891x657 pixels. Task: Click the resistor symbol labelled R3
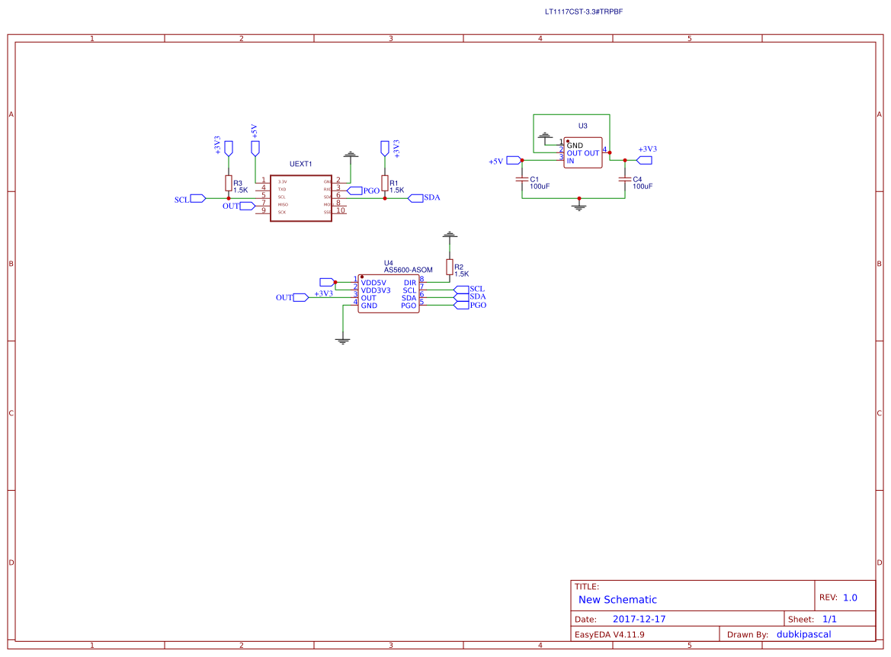(228, 183)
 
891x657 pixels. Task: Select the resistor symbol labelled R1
(384, 183)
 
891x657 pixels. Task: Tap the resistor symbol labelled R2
(450, 267)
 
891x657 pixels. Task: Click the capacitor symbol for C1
(522, 180)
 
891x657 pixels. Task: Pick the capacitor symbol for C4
(625, 180)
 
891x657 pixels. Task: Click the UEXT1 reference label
(300, 165)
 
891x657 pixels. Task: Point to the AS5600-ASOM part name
(408, 270)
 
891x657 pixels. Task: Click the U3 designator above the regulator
(582, 126)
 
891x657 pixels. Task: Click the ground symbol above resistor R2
(450, 235)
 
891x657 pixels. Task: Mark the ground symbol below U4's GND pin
(342, 341)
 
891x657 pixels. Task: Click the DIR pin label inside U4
(410, 283)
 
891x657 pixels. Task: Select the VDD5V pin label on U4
(373, 283)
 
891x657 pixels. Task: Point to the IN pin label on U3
(570, 161)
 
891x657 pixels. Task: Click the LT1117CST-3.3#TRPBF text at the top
(584, 12)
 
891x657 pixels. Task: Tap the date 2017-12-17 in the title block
(639, 619)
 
